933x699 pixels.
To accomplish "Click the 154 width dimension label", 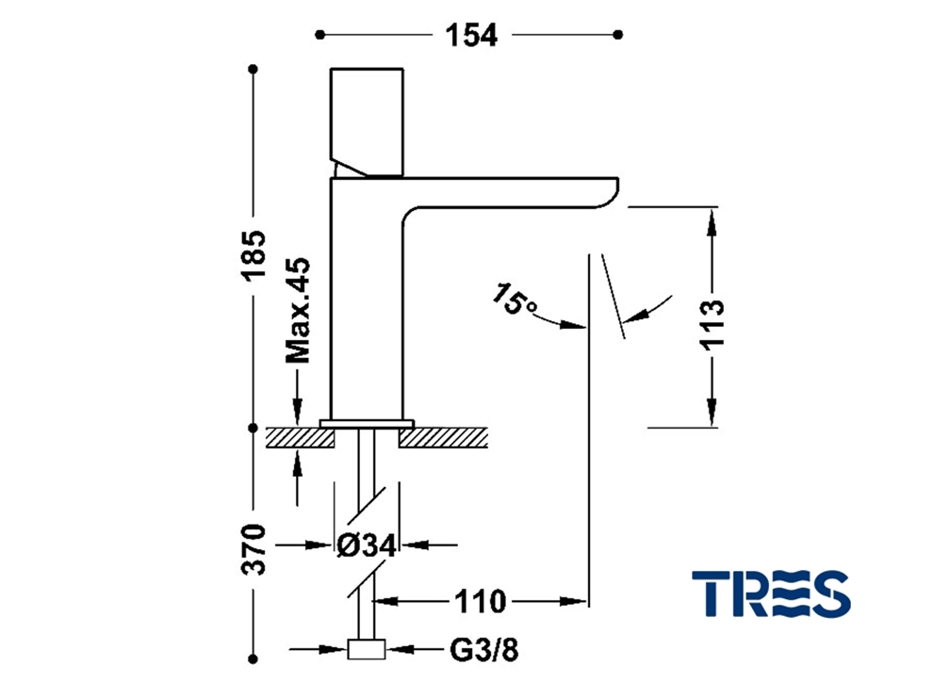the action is coord(470,36).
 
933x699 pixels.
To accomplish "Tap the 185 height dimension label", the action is coord(253,255).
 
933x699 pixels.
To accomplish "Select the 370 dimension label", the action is coord(254,549).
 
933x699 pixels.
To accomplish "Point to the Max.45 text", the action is coord(298,310).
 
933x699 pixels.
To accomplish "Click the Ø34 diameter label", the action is coord(367,545).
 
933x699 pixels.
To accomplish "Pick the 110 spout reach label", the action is coord(481,602).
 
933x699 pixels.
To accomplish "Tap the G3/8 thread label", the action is coord(483,650).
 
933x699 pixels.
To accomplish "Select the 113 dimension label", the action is coord(712,324).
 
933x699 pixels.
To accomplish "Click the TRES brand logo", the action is coord(771,593).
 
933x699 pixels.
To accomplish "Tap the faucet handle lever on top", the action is coord(368,122).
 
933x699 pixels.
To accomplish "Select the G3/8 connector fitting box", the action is coord(366,650).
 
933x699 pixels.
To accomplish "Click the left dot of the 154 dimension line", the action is coord(320,35).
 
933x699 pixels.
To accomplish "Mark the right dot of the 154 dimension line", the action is coord(618,35).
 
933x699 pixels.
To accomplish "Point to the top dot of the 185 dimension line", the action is coord(254,70).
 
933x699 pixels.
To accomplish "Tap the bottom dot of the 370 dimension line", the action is coord(254,659).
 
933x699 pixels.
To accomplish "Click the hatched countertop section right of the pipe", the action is coord(443,438).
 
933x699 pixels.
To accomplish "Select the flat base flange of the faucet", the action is coord(367,424).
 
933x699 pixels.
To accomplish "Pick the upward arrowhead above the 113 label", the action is coord(712,225).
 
